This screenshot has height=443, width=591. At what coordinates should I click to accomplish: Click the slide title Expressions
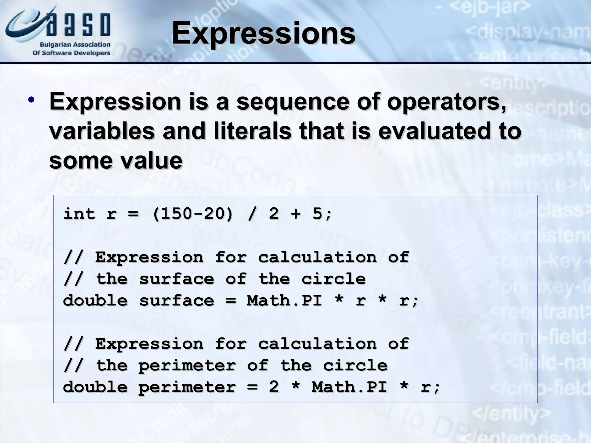263,34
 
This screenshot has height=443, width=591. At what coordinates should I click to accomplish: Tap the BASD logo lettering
78,25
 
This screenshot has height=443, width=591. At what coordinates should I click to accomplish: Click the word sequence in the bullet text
293,102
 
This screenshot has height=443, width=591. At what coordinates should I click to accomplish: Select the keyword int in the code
79,214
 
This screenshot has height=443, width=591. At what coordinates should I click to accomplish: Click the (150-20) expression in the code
192,214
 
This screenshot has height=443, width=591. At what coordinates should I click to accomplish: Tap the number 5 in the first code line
317,214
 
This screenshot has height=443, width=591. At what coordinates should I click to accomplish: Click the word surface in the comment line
177,279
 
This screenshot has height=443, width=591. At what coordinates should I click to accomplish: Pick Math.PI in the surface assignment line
284,301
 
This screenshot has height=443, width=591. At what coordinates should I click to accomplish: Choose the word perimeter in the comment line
187,365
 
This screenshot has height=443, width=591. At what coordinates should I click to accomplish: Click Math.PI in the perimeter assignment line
349,387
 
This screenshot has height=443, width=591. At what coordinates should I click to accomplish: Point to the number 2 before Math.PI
274,387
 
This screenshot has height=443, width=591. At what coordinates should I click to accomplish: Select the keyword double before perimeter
95,387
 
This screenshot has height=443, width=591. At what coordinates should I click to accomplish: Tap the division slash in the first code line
252,214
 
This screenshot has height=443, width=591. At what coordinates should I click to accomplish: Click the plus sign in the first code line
295,214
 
